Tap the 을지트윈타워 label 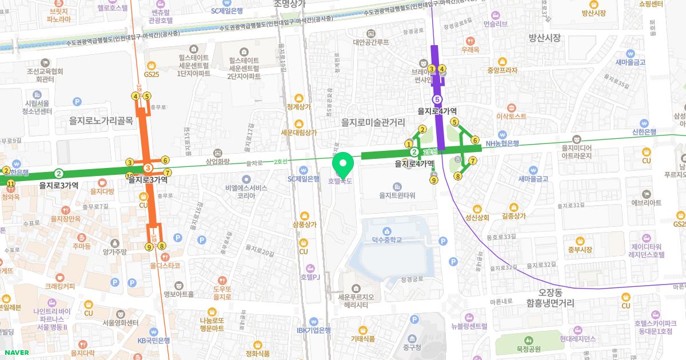tap(397, 195)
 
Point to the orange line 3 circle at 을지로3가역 tap(148, 168)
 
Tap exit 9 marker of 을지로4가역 tap(434, 181)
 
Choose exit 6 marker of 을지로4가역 tap(474, 140)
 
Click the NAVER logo tap(15, 353)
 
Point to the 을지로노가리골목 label tap(101, 121)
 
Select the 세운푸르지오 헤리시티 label tap(356, 301)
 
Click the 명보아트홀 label tap(178, 295)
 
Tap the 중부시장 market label tap(580, 249)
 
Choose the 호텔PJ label tap(310, 277)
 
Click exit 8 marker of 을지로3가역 tap(162, 246)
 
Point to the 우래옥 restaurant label tap(470, 50)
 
